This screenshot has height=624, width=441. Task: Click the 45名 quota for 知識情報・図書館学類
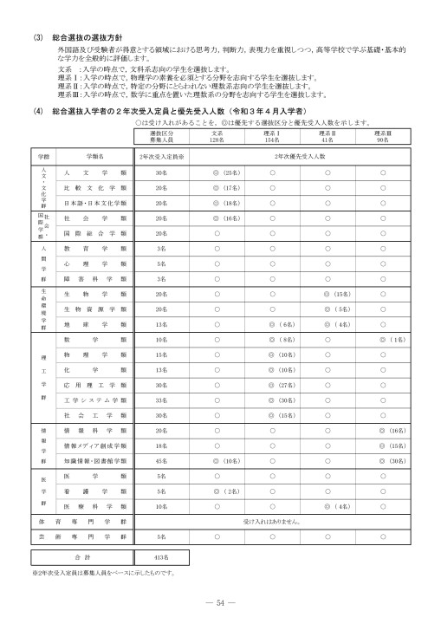point(161,461)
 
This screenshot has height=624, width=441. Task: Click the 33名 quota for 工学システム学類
point(161,400)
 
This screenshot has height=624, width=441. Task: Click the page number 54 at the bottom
point(220,603)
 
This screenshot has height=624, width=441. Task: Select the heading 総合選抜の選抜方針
point(85,37)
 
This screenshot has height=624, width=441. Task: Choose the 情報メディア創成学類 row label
point(95,445)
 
